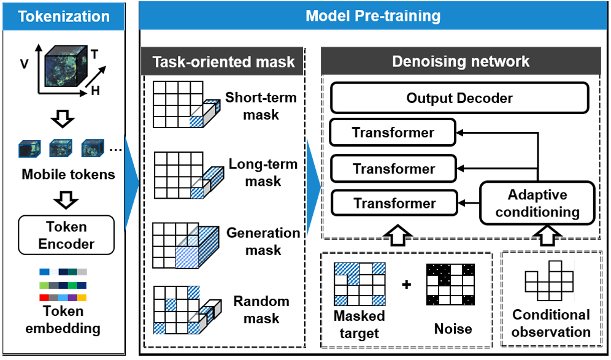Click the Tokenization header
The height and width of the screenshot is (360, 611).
(x=64, y=17)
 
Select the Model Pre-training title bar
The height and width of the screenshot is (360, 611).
(x=374, y=15)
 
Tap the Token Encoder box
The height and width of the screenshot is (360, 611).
(x=66, y=236)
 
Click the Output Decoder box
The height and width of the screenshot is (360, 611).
(x=459, y=98)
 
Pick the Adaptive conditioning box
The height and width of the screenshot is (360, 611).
(x=537, y=203)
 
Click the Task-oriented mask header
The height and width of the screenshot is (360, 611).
(x=222, y=61)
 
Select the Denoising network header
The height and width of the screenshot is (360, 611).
(x=461, y=61)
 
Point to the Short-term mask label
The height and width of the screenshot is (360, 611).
(x=261, y=106)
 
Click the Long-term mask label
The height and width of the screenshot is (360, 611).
(x=263, y=172)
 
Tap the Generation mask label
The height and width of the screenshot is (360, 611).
(x=263, y=241)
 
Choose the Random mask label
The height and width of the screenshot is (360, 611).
(x=261, y=309)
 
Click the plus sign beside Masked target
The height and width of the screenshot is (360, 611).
(x=407, y=285)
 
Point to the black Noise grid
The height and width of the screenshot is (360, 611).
(x=450, y=285)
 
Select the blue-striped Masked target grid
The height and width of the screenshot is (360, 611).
(x=359, y=284)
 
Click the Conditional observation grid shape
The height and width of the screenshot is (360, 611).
(x=550, y=280)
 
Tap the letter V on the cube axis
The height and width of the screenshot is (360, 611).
(x=24, y=64)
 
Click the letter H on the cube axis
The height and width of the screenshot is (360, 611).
(x=96, y=91)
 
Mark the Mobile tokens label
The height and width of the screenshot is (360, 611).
(x=68, y=174)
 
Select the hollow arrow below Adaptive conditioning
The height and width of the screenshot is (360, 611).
(x=547, y=235)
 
